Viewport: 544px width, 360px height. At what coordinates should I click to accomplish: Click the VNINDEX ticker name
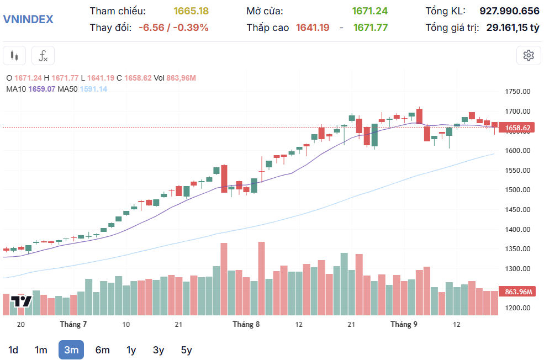point(28,19)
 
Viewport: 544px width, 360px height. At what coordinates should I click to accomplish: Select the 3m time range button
point(71,350)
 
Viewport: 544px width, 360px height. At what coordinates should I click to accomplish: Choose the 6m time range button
point(102,350)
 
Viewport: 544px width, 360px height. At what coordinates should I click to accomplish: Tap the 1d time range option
point(13,350)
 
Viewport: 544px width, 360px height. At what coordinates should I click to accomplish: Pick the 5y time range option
point(186,350)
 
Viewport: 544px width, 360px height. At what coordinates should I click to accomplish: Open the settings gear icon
point(529,55)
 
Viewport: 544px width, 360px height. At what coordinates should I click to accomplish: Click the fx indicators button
point(43,56)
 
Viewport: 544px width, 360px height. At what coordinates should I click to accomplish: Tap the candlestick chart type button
point(14,56)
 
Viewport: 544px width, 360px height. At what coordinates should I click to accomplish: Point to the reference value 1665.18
point(191,11)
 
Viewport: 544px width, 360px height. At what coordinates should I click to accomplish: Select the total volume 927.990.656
point(509,11)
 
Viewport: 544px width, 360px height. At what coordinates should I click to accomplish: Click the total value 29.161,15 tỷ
point(513,27)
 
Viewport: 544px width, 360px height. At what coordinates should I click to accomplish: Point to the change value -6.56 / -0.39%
point(173,27)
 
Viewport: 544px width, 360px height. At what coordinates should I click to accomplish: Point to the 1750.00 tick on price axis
point(517,92)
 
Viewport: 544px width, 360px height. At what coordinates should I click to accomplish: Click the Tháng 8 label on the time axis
point(246,324)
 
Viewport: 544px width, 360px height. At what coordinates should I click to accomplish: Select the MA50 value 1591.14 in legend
point(93,88)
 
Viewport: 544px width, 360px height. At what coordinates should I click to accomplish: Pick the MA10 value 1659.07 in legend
point(41,88)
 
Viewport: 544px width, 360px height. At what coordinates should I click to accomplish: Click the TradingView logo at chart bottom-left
point(22,301)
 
